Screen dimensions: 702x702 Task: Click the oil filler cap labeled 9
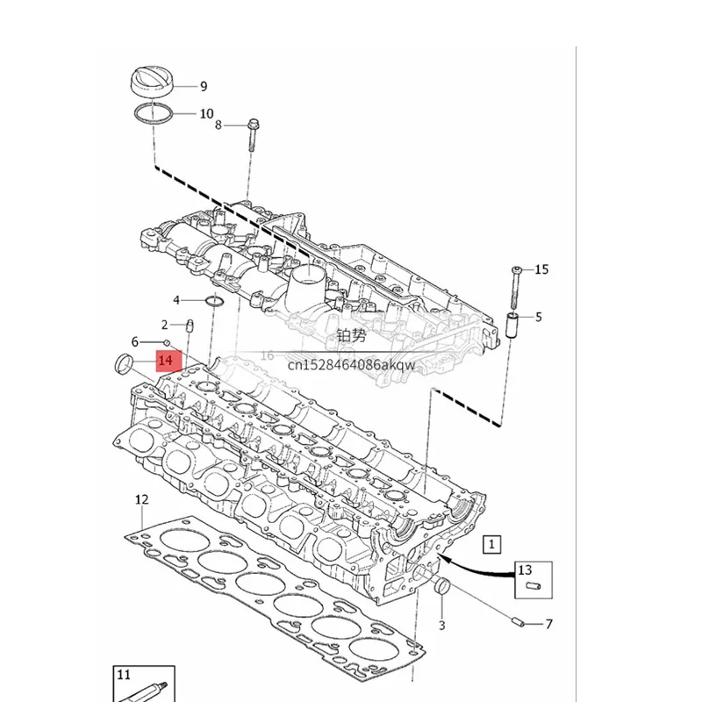pyautogui.click(x=152, y=82)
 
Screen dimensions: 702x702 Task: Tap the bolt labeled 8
pyautogui.click(x=253, y=135)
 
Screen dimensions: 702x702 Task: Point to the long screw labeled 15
pyautogui.click(x=515, y=288)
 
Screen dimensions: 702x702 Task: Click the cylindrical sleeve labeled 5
pyautogui.click(x=512, y=326)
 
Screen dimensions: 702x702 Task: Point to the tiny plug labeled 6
pyautogui.click(x=167, y=343)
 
